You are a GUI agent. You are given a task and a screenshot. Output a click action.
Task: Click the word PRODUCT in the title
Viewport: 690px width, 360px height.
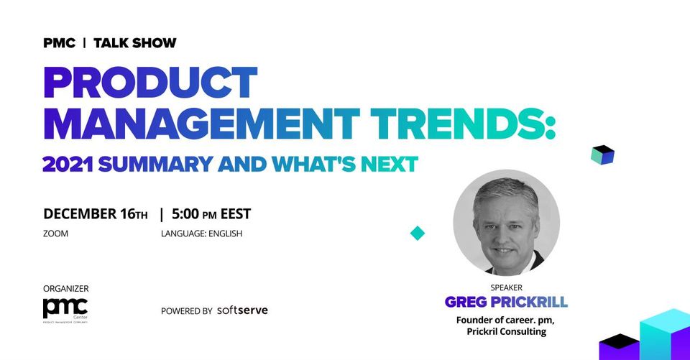tap(150, 83)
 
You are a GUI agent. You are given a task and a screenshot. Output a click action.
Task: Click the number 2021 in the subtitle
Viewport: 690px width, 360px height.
tap(68, 164)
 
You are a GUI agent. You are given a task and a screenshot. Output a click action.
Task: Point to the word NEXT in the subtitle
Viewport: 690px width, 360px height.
tap(389, 164)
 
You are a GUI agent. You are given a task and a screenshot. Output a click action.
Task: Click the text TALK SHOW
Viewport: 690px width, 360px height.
tap(135, 43)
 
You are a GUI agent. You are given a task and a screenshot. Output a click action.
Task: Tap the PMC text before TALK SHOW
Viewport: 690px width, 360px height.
tap(60, 43)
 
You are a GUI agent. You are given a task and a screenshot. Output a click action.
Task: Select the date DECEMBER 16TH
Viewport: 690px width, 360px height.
tap(96, 214)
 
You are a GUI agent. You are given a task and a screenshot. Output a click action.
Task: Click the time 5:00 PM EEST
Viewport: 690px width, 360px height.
tap(211, 214)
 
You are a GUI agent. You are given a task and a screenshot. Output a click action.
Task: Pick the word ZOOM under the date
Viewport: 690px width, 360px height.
tap(55, 234)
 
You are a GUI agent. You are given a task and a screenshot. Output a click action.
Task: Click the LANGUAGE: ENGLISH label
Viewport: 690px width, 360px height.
tap(201, 234)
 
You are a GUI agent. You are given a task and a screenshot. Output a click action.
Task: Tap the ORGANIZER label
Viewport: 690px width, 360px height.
tap(66, 289)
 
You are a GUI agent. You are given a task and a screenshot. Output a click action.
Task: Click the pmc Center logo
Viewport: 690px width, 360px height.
tap(65, 310)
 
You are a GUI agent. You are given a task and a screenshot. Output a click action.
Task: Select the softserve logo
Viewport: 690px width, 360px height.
tap(242, 310)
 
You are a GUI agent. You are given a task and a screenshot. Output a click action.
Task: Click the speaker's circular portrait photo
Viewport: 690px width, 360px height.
tap(507, 223)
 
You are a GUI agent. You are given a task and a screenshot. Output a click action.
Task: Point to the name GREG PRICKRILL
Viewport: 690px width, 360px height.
tap(506, 302)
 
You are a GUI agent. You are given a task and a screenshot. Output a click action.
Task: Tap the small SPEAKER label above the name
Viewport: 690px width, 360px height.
tap(507, 287)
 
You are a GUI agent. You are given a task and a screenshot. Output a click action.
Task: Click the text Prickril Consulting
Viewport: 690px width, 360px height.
tap(507, 331)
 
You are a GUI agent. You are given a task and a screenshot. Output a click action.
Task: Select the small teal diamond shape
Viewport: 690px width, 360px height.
tap(418, 233)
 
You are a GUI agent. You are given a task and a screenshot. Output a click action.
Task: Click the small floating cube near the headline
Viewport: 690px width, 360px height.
tap(602, 155)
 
